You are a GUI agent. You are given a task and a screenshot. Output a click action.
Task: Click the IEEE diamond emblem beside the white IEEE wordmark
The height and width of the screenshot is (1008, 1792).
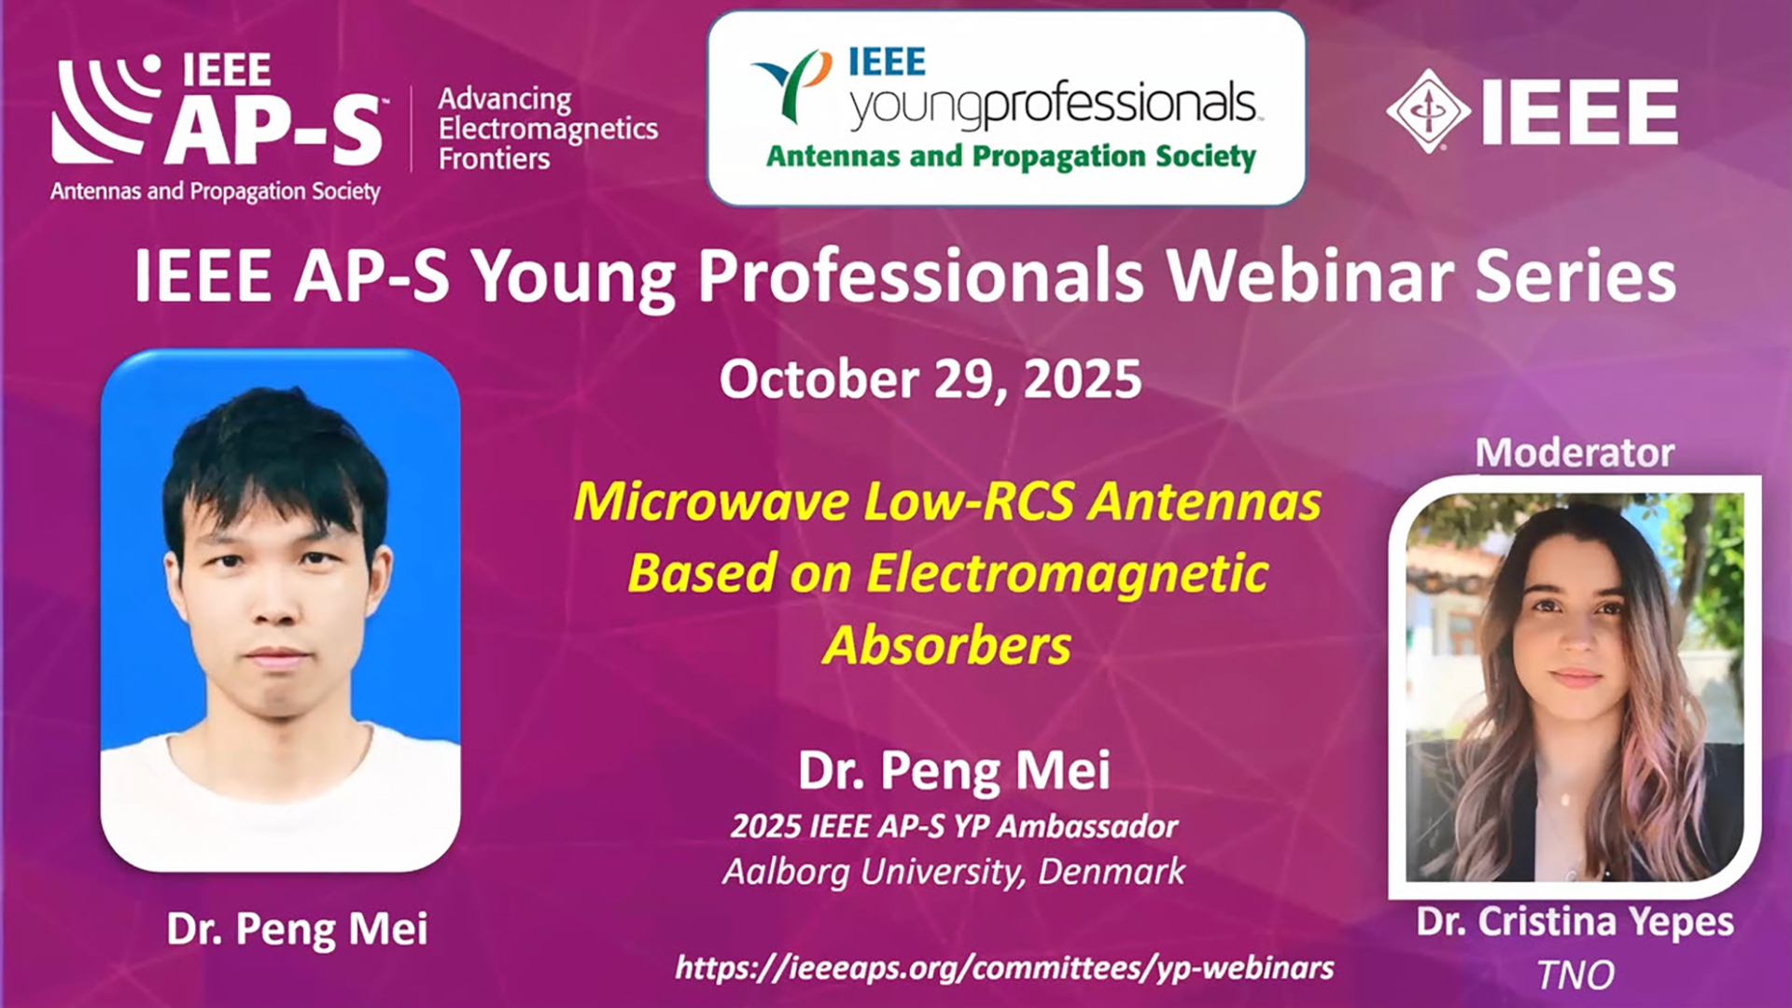pos(1427,111)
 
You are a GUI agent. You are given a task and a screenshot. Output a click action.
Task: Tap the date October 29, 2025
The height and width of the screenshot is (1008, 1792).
pos(931,380)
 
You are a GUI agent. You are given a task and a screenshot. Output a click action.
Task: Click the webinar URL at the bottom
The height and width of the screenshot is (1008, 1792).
pos(1004,968)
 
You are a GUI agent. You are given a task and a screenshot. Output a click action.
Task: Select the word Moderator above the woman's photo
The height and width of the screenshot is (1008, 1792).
pos(1575,453)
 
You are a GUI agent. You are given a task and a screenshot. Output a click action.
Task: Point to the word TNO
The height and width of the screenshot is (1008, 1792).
pos(1575,975)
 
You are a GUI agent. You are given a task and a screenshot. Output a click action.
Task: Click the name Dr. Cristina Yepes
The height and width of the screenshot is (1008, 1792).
pos(1575,922)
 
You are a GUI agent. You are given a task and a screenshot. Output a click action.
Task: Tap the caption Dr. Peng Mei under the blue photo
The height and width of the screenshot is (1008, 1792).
pos(297,929)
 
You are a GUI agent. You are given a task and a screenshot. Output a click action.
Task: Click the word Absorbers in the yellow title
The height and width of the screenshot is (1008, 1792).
pos(946,645)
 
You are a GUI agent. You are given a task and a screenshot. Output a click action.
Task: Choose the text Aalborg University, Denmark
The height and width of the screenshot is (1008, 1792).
pos(954,872)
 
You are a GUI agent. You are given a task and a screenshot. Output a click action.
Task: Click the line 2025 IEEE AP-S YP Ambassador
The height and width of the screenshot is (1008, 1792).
pos(954,826)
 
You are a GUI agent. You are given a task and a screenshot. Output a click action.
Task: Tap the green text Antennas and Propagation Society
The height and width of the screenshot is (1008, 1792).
pos(1011,156)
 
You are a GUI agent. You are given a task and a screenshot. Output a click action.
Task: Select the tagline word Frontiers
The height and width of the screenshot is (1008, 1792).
pos(494,159)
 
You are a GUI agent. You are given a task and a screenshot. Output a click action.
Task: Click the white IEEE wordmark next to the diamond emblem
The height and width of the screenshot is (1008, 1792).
pos(1580,112)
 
